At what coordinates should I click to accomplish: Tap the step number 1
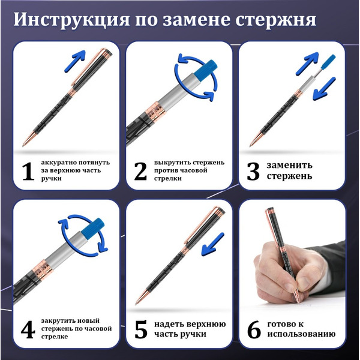pos(26,171)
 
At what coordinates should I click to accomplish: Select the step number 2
pos(140,171)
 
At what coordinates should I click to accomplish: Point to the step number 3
pos(253,171)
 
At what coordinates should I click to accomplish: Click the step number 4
pos(26,329)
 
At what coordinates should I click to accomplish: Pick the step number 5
pos(140,329)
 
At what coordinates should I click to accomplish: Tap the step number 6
pos(254,329)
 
